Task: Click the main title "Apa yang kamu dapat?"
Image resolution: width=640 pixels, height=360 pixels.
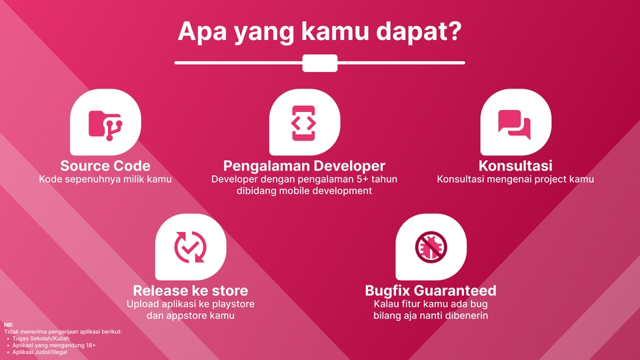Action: [x=319, y=32]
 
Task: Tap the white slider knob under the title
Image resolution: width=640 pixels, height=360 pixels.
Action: [x=320, y=63]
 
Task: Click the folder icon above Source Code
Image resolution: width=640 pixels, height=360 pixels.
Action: [x=105, y=123]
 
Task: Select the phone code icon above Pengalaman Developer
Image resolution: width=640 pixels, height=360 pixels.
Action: [x=304, y=123]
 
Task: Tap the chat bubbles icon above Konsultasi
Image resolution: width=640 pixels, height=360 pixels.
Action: [x=515, y=123]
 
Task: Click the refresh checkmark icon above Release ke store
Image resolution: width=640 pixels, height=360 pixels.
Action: [x=190, y=247]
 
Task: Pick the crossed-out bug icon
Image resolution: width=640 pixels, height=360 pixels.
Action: [x=431, y=247]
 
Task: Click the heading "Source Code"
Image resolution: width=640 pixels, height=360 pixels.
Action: [x=105, y=165]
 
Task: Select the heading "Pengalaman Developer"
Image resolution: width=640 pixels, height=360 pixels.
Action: [x=304, y=165]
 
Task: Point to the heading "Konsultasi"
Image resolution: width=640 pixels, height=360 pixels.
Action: [x=515, y=165]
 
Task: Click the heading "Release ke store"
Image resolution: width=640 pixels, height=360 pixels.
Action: [x=190, y=291]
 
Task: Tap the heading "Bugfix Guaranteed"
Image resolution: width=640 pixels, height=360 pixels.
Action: [x=431, y=291]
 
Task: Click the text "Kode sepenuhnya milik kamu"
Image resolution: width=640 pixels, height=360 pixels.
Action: [x=105, y=179]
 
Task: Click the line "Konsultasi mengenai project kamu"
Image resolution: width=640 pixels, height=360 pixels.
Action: [x=515, y=179]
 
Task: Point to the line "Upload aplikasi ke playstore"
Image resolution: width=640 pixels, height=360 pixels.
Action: [x=190, y=304]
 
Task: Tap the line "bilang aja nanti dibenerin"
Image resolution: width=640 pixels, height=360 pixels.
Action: [x=431, y=315]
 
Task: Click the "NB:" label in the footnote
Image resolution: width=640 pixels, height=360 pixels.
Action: [x=8, y=325]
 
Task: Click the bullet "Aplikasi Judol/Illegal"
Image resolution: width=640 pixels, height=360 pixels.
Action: [x=40, y=352]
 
